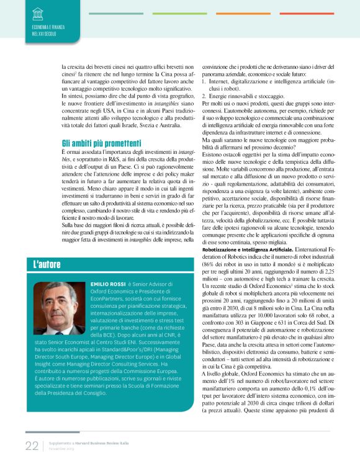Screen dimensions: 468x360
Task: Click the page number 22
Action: (x=32, y=446)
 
